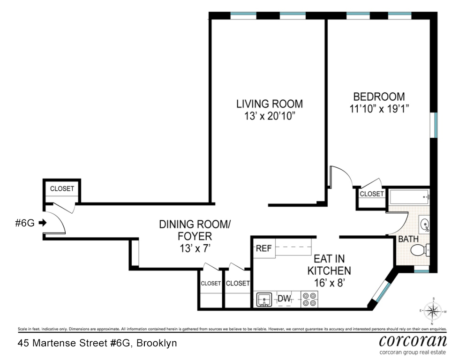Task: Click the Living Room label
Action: tap(270, 104)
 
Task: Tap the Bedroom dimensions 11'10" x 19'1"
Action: tap(379, 109)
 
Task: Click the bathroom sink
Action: tap(424, 224)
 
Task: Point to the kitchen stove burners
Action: tap(309, 300)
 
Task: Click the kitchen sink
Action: tap(264, 300)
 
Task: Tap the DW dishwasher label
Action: tap(284, 298)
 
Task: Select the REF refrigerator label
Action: tap(263, 248)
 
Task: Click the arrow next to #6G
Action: tap(43, 222)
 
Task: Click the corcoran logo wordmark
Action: tap(413, 341)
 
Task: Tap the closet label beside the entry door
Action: tap(62, 189)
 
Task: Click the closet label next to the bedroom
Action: tap(371, 194)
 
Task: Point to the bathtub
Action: tap(409, 197)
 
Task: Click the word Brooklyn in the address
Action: tap(157, 343)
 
